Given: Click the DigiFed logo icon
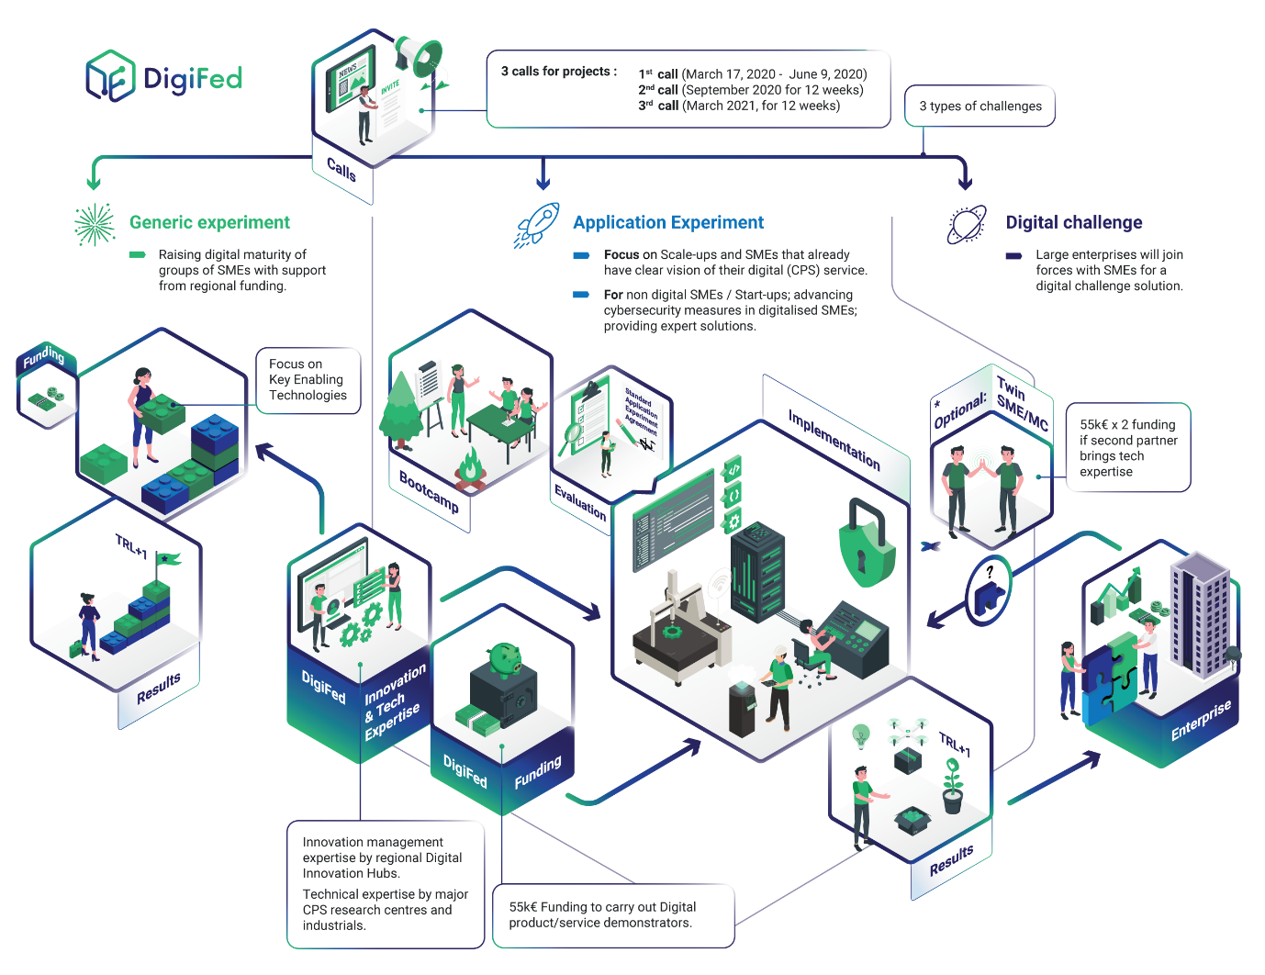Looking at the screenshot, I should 111,76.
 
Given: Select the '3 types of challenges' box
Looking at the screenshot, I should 980,106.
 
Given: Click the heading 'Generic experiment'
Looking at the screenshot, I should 209,222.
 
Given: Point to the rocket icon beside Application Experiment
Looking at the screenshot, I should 538,225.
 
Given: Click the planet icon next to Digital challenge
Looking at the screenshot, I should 968,224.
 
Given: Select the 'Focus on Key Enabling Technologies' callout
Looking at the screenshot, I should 308,380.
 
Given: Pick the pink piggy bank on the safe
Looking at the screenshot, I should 504,657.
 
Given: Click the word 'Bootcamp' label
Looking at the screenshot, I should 429,491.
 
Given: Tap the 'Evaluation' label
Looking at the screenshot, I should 580,502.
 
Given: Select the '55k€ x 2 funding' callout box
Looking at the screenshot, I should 1128,448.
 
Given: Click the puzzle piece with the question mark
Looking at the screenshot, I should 989,591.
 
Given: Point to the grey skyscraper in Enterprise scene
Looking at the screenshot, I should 1200,613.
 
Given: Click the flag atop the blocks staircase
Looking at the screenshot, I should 168,559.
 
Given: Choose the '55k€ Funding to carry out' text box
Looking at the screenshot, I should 613,915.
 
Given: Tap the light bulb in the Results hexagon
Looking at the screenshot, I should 860,734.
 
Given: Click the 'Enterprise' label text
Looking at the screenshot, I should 1200,722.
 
